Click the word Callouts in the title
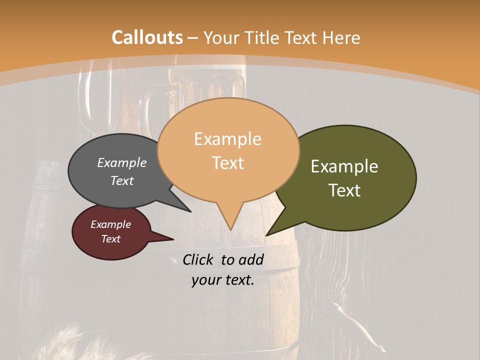point(147,37)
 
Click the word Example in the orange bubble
point(227,139)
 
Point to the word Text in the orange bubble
point(227,163)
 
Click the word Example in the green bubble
point(344,166)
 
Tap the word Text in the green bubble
point(344,190)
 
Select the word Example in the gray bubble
point(122,163)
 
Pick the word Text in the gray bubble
point(122,181)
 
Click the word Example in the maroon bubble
point(110,224)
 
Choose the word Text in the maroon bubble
point(110,239)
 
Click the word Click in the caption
point(198,259)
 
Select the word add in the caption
point(251,259)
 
